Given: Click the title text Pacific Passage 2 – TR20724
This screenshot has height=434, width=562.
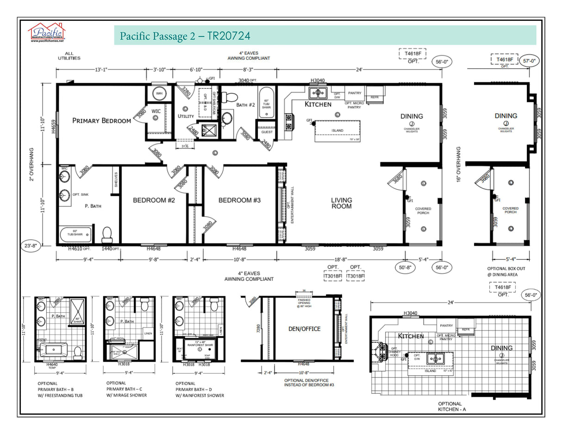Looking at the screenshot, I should [x=185, y=36].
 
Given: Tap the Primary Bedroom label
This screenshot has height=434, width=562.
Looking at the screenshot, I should [x=101, y=121].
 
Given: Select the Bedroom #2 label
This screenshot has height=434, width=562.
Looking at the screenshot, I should [x=150, y=200].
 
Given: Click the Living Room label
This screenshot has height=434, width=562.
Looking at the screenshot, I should [x=341, y=204].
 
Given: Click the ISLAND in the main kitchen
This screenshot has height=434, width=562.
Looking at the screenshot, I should [x=337, y=130].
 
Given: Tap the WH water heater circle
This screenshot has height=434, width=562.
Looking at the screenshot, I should [x=159, y=93].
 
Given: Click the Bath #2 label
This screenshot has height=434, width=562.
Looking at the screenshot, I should [x=245, y=105].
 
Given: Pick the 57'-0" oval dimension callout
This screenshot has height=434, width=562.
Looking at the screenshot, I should [x=531, y=60].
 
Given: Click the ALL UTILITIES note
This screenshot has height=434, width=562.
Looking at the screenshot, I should [x=69, y=56].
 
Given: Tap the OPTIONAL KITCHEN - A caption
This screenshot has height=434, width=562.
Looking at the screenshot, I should [x=450, y=406].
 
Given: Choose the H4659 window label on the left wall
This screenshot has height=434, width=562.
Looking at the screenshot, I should [x=54, y=124].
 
